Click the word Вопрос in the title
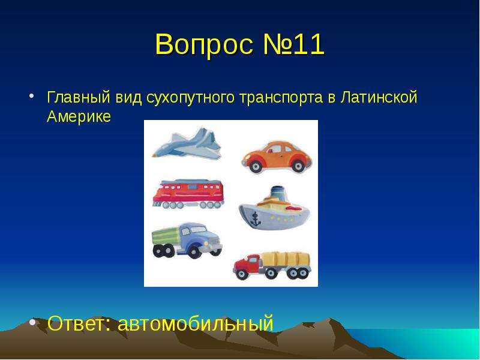click(204, 44)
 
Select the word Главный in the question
click(79, 97)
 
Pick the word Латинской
click(379, 97)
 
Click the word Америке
click(79, 116)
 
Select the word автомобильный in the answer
click(196, 323)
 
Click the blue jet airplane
click(187, 143)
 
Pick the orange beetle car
click(277, 157)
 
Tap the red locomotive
click(188, 194)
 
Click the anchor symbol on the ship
click(254, 218)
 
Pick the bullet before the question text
click(32, 96)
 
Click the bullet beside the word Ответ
click(32, 322)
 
